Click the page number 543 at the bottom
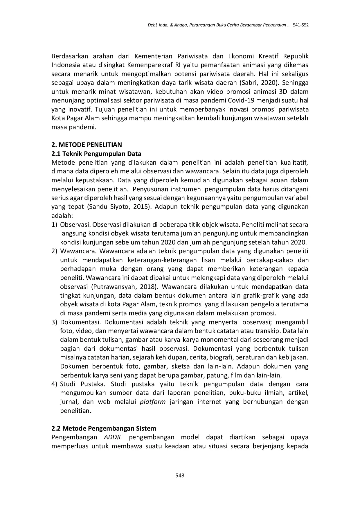(180, 476)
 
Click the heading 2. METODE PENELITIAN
(87, 145)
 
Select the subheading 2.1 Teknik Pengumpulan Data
(96, 154)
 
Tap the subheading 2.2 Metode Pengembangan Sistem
(104, 428)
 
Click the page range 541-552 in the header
(301, 25)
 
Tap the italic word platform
(153, 402)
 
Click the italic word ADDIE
(113, 437)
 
